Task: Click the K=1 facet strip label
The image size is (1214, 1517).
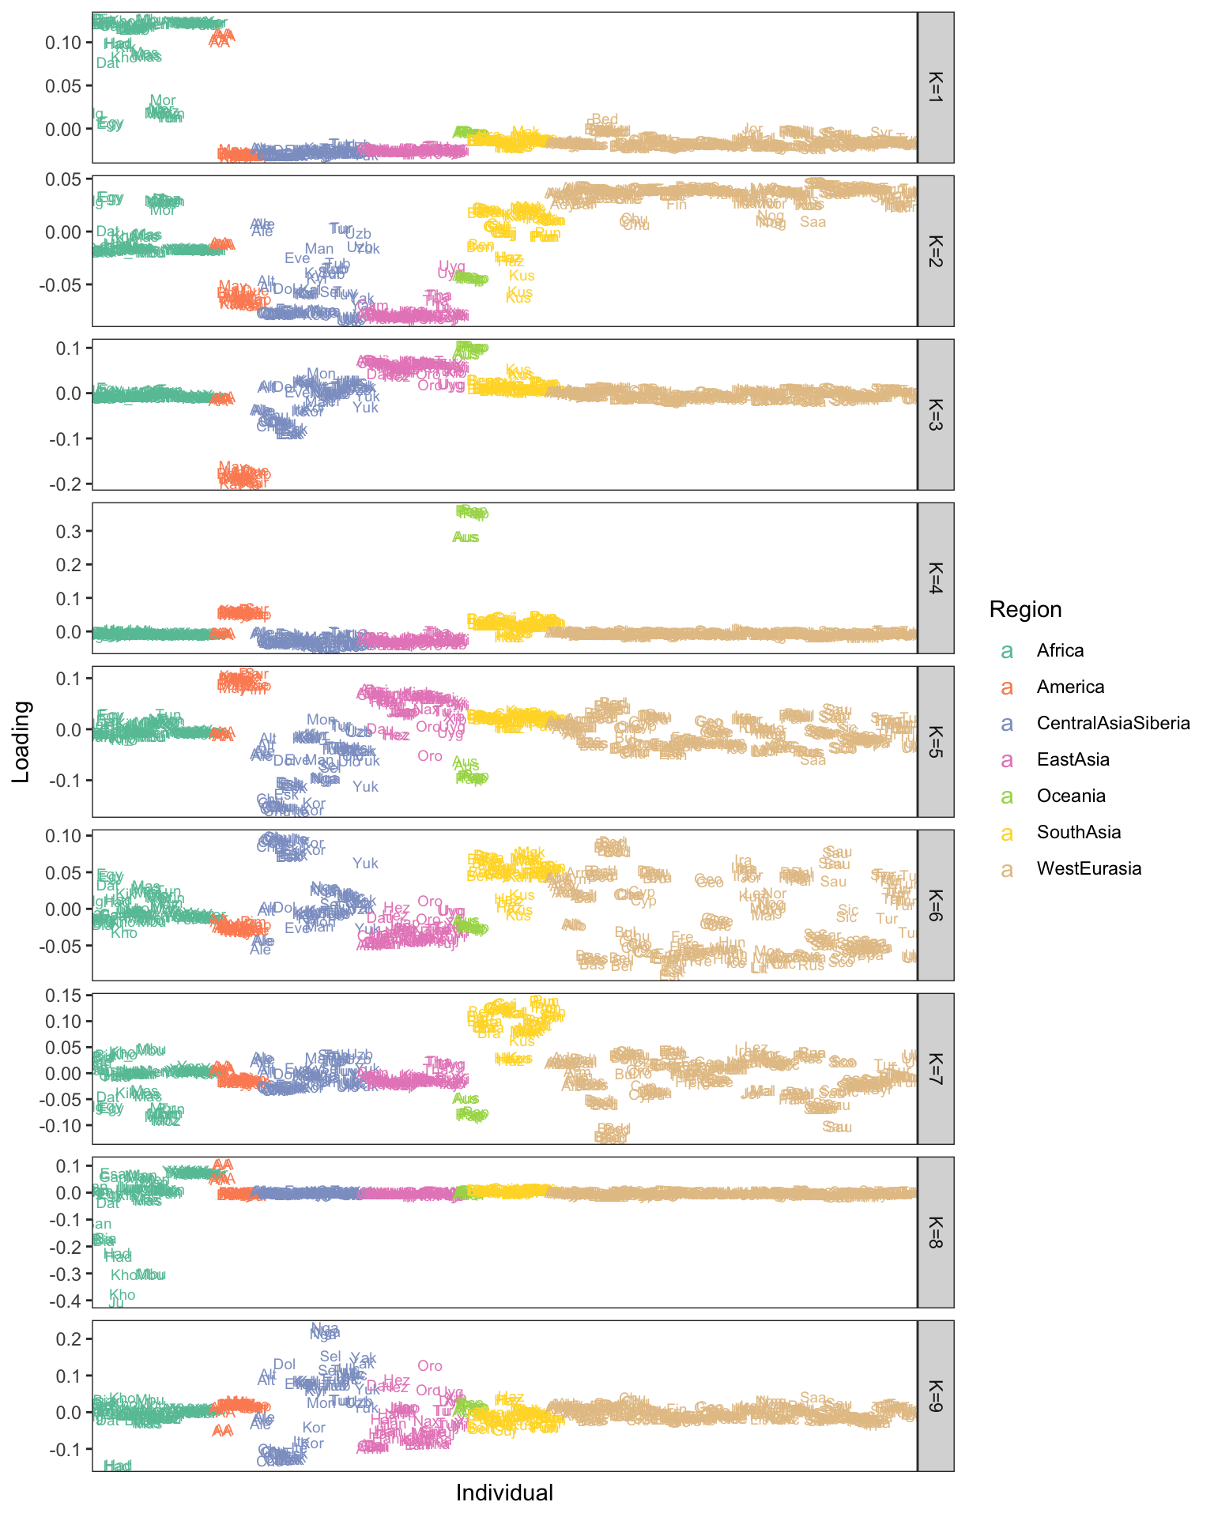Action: point(935,87)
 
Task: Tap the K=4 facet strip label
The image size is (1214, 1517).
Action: point(935,578)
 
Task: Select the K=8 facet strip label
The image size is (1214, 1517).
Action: point(935,1232)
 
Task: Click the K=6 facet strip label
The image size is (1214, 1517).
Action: point(935,905)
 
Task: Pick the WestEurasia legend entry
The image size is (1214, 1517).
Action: point(1088,868)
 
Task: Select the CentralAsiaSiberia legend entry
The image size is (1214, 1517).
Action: point(1113,723)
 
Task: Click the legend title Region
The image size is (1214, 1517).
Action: point(1025,609)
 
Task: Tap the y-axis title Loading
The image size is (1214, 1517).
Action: point(21,741)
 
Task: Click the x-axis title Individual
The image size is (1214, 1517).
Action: point(504,1493)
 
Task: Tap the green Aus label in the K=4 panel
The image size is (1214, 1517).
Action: point(466,537)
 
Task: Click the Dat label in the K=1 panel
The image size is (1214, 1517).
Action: point(107,63)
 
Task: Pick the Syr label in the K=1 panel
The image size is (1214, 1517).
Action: point(881,133)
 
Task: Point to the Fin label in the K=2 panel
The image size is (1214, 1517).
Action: point(677,205)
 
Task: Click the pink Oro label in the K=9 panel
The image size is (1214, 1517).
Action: point(430,1366)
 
